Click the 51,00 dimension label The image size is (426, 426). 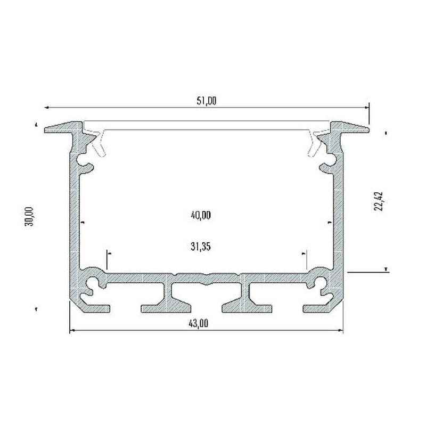(207, 101)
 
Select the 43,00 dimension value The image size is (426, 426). (198, 324)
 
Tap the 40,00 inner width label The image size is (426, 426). (201, 216)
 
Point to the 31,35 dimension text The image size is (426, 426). (201, 247)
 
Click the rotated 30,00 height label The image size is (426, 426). (29, 217)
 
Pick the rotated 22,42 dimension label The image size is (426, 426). (378, 201)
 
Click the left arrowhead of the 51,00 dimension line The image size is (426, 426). (46, 108)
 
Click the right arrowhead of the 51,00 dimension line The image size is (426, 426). (367, 108)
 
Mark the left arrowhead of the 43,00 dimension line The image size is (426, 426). (72, 330)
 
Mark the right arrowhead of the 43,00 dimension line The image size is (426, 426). (340, 330)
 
